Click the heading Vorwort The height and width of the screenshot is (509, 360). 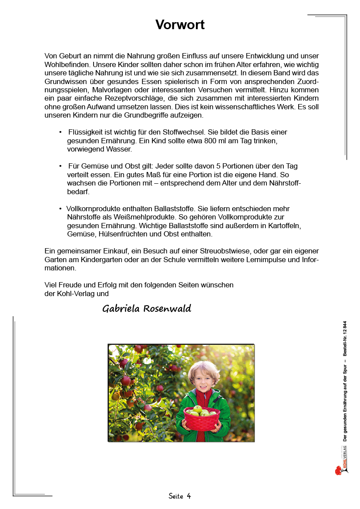[x=180, y=25]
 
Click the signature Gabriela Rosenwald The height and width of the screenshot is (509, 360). [x=147, y=309]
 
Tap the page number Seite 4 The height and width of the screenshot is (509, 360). [x=180, y=496]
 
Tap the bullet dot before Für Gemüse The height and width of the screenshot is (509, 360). [x=61, y=166]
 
